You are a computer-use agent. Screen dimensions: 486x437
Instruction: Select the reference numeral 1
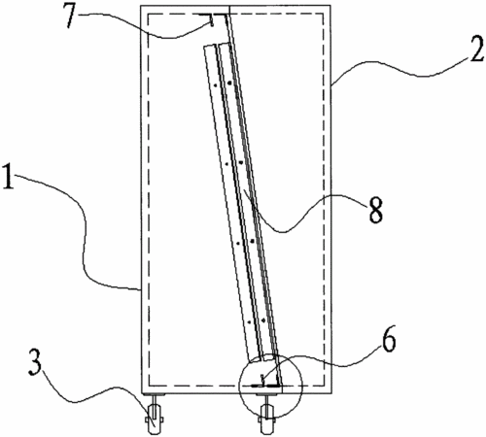[x=9, y=177]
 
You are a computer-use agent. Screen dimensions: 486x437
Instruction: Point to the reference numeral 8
[x=376, y=210]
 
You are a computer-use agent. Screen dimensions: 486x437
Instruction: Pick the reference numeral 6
[x=388, y=342]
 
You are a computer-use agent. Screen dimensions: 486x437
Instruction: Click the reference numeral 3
[x=35, y=362]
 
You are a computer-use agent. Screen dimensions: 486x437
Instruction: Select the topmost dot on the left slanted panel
[x=215, y=85]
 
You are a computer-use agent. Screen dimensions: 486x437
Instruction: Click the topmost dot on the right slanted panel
[x=229, y=84]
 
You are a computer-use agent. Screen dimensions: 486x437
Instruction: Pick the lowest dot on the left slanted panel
[x=249, y=322]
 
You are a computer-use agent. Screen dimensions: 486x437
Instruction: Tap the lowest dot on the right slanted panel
[x=263, y=320]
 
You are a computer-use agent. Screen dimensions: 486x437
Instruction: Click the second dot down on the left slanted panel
[x=226, y=164]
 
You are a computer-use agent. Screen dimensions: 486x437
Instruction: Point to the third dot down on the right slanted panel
[x=252, y=241]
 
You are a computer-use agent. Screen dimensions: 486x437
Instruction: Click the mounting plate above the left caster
[x=154, y=394]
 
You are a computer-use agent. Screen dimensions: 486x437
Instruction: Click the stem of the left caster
[x=154, y=401]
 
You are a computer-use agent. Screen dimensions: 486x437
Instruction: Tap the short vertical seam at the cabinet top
[x=229, y=10]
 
